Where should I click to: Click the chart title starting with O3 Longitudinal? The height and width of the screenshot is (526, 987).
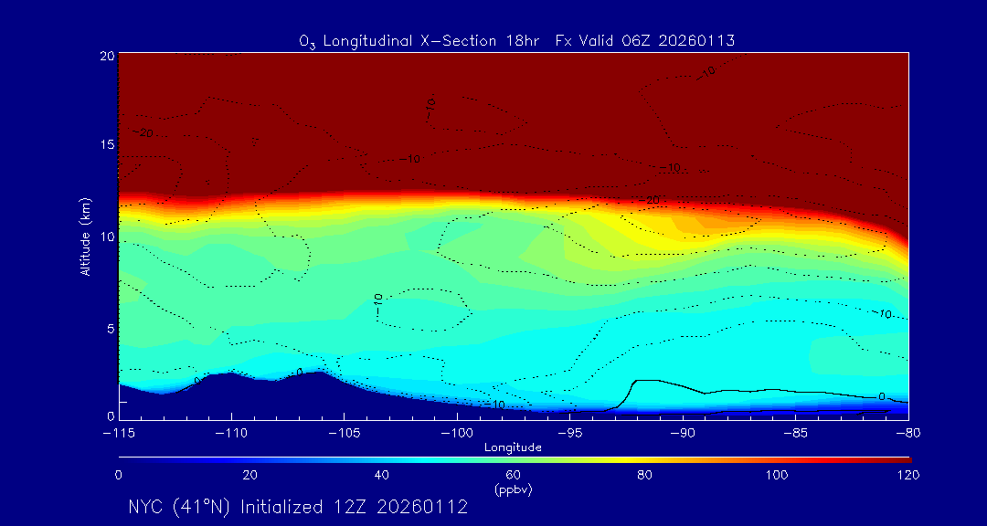tap(516, 40)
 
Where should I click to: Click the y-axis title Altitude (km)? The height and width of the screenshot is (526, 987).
tap(85, 237)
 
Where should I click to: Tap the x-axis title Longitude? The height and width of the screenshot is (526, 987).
tap(514, 447)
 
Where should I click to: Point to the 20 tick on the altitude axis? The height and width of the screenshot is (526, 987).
tap(106, 56)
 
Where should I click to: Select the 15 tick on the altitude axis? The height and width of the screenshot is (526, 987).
tap(106, 145)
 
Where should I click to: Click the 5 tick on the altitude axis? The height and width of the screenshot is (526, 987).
tap(110, 328)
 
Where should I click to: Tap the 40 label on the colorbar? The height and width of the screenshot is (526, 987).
tap(382, 475)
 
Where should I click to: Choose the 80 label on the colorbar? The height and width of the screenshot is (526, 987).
tap(645, 475)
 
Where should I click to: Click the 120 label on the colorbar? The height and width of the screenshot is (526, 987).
tap(908, 475)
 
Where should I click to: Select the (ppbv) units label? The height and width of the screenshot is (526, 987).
tap(513, 489)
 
